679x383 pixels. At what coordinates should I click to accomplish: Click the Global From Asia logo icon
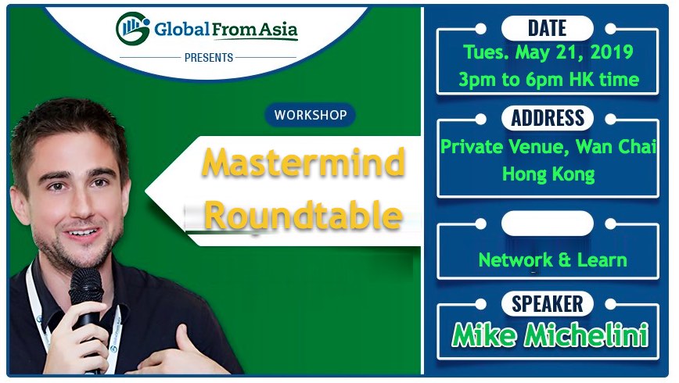coord(132,28)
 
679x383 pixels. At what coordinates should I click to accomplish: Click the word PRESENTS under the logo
coord(209,58)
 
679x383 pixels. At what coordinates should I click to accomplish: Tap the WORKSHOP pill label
coord(311,115)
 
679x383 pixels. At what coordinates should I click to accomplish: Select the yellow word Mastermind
coord(304,163)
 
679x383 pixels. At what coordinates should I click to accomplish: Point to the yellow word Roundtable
coord(304,215)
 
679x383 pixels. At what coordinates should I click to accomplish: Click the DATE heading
coord(548,29)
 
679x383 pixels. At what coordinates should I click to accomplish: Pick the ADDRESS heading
coord(548,118)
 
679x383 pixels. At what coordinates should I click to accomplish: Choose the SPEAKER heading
coord(548,304)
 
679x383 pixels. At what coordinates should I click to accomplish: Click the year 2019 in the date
coord(612,52)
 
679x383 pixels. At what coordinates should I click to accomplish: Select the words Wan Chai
coord(616,147)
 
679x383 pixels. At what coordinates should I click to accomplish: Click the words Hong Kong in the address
coord(548,174)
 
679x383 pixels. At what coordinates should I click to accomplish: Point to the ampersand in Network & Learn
coord(565,260)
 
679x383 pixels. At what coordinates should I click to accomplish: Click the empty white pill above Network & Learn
coord(548,224)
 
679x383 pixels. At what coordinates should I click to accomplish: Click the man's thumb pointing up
coord(181,338)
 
